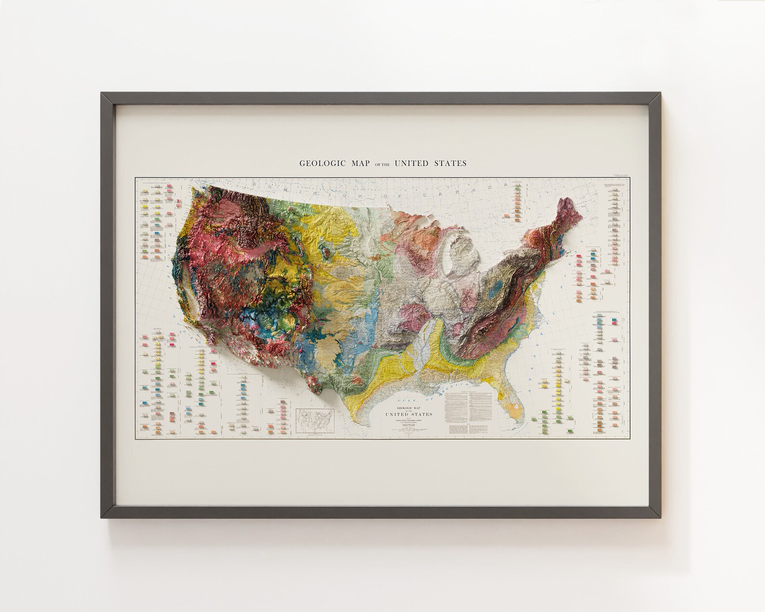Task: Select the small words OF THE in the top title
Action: [381, 164]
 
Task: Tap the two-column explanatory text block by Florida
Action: [467, 409]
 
